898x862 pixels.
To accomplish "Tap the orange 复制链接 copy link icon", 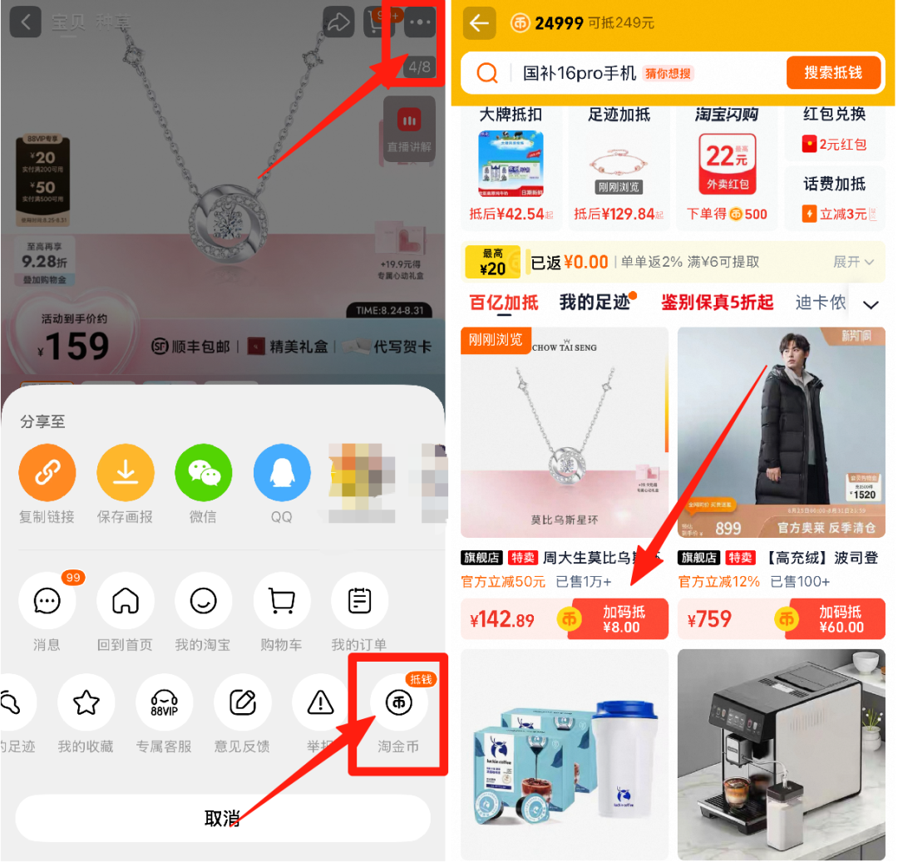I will [x=47, y=473].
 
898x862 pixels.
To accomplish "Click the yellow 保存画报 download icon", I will [x=126, y=473].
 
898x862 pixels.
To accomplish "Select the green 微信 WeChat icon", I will [x=203, y=473].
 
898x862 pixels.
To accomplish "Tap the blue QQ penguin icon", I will [x=281, y=473].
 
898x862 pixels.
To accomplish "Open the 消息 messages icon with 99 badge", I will [x=47, y=601].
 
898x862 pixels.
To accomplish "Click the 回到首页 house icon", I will [x=126, y=601].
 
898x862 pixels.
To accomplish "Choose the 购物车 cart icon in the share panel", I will [x=281, y=601].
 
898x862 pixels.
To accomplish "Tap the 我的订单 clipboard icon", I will [x=359, y=601].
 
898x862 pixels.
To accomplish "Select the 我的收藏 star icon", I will [x=86, y=703].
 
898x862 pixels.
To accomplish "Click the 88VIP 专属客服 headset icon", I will [x=164, y=703].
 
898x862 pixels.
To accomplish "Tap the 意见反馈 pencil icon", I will [x=242, y=703].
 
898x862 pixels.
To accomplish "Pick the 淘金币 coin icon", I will [x=398, y=703].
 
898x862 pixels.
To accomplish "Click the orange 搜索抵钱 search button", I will [x=831, y=73].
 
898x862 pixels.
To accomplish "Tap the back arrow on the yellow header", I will [x=480, y=23].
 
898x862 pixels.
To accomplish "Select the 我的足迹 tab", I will [x=595, y=303].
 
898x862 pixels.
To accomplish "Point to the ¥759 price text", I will [x=709, y=619].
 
